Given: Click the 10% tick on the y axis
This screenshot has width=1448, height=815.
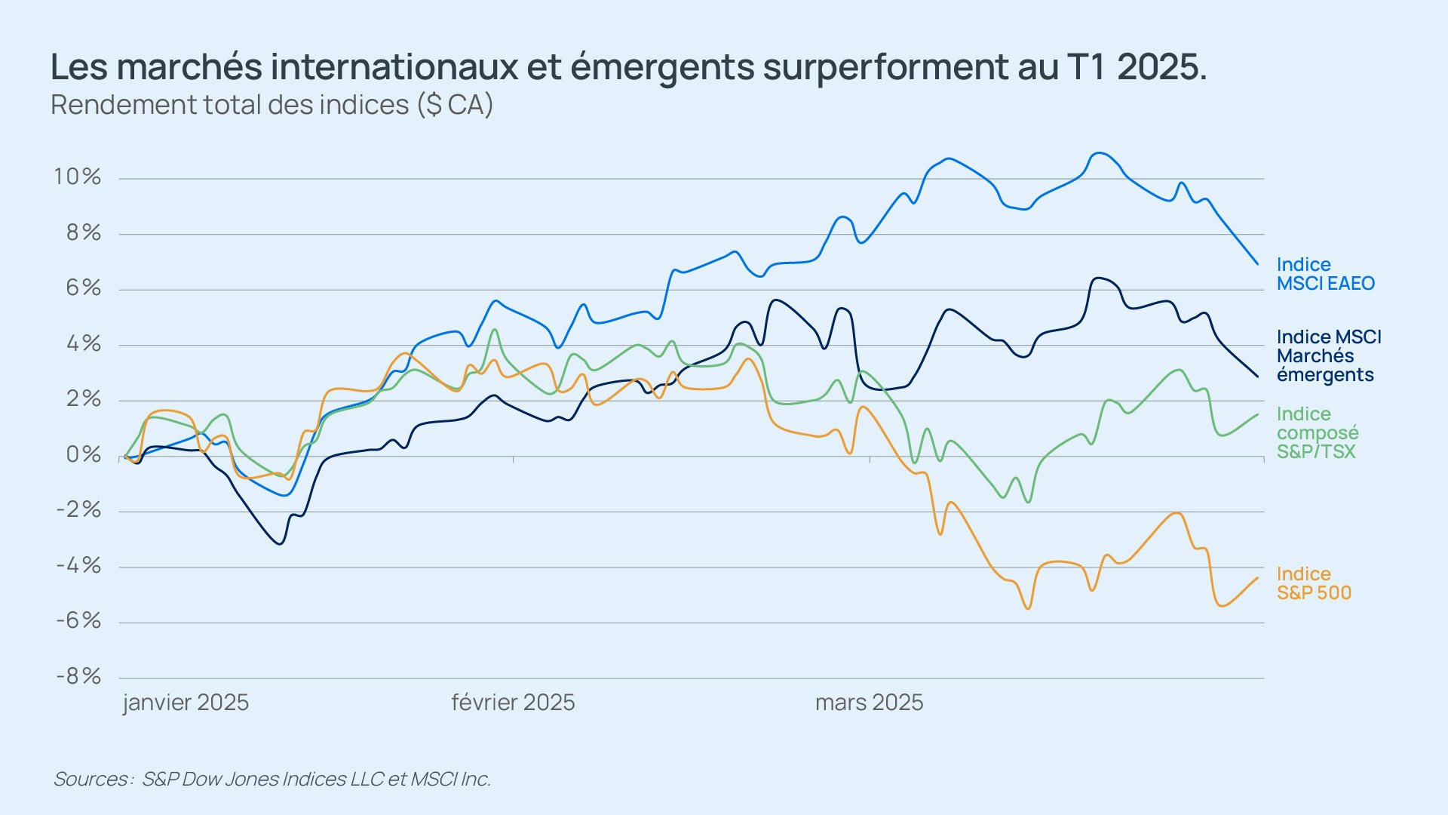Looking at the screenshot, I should coord(77,177).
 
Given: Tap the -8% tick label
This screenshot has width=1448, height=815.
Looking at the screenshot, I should coord(78,676).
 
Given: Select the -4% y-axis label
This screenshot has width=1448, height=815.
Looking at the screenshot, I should coord(78,565).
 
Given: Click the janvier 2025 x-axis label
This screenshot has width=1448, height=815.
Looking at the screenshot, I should coord(186,703).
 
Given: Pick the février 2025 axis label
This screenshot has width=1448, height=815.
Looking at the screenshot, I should coord(513,703).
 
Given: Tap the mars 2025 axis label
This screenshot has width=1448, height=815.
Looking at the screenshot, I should coord(869,703).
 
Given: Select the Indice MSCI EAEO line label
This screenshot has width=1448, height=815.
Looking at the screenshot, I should coord(1325,274).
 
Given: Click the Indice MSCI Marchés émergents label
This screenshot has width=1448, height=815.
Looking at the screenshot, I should coord(1329,355).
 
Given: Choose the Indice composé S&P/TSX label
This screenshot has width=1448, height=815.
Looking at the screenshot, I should coord(1317,432).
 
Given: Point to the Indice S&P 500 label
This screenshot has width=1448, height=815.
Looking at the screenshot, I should coord(1314,583).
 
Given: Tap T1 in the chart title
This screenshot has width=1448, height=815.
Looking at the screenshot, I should coord(1086,67).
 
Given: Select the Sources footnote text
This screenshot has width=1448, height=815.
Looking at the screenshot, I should coord(271,779).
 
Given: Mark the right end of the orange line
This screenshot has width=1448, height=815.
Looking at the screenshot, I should coord(1257,578).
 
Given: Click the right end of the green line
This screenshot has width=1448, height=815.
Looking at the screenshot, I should coord(1257,414).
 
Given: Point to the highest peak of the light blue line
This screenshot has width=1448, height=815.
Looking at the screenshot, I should coord(1100,153).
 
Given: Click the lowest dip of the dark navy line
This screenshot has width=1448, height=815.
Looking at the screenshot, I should coord(280,543).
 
